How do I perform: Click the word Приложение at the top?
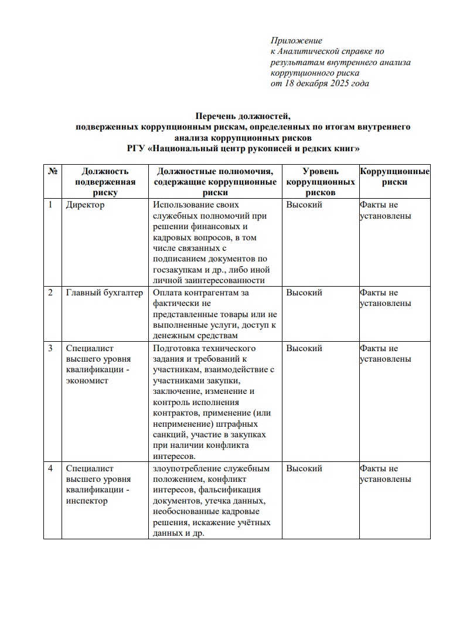tap(297, 40)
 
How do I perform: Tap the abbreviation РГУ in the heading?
tap(137, 148)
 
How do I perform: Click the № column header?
tap(52, 171)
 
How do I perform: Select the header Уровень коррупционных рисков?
tap(320, 181)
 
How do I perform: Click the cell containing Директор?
tap(86, 205)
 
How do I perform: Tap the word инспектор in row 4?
tap(87, 501)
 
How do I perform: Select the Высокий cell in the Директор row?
tap(304, 205)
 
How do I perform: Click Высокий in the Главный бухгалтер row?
tap(304, 293)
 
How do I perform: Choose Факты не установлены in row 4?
tap(385, 474)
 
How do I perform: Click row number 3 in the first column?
tap(50, 348)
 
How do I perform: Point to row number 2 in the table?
tap(50, 293)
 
